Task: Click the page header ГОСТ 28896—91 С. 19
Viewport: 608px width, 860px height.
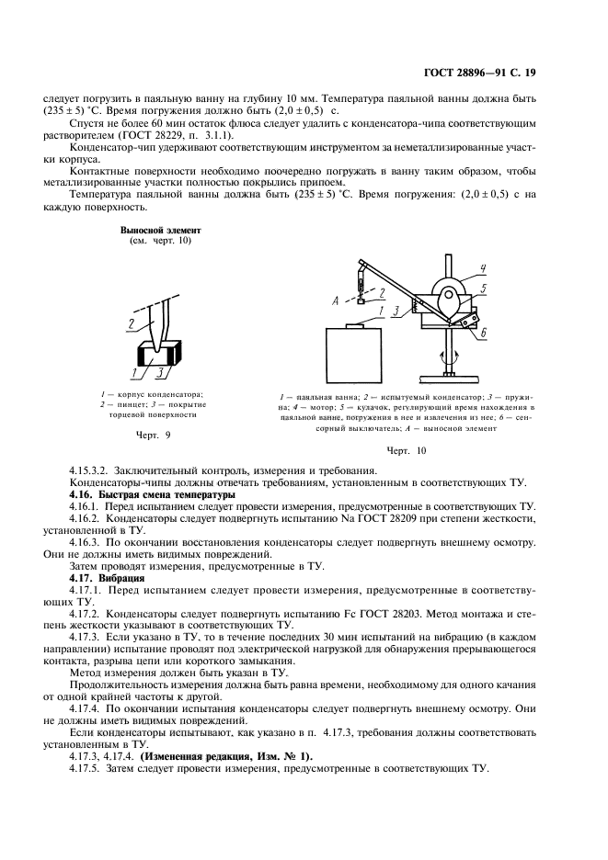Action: [x=505, y=79]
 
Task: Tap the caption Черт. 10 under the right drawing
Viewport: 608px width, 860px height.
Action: [x=407, y=450]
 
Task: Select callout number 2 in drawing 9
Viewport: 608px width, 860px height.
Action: [x=132, y=324]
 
